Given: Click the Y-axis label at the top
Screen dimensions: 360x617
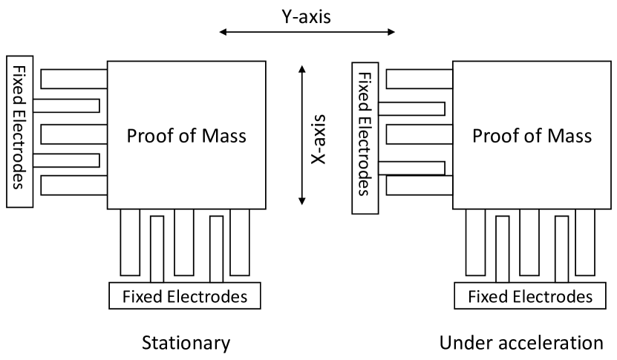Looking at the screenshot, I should (305, 16).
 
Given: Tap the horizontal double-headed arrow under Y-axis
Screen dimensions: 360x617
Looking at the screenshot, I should (307, 32).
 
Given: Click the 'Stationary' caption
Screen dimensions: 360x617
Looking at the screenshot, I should (186, 343).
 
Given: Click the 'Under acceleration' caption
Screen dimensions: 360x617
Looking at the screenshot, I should (521, 343).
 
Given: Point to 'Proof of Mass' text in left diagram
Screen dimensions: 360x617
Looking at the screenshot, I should (186, 137).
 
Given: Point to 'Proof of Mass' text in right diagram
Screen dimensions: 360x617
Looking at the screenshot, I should (531, 137).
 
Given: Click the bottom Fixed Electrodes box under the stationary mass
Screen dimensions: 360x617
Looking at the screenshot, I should (186, 297).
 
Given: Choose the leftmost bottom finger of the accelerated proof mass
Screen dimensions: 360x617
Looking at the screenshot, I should (474, 241).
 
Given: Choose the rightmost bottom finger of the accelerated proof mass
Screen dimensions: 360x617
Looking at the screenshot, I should (584, 241).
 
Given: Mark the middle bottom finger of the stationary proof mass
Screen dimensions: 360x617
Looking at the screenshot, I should (184, 241).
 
